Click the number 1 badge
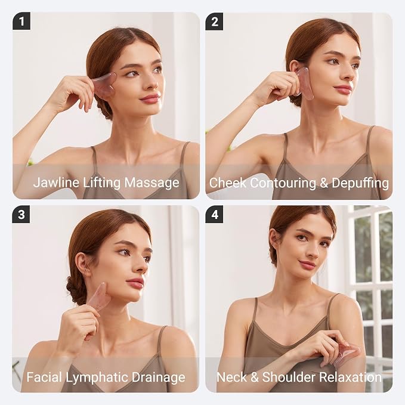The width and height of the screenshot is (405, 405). pos(21,21)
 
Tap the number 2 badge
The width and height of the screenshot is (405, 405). pos(214,21)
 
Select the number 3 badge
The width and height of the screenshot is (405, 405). pos(21,214)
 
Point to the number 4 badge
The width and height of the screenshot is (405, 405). pos(214,214)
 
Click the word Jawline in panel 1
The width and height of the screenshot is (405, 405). pos(56,183)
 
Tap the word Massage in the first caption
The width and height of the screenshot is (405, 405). pos(152,183)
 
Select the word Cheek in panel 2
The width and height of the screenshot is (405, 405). pos(228,183)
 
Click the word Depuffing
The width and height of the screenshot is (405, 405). pos(360,183)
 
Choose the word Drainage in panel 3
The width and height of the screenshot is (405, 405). pos(158,378)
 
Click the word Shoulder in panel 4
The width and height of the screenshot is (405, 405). pos(289,377)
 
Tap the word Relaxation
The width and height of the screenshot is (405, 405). pos(351,377)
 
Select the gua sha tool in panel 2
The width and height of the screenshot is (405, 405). pos(305,83)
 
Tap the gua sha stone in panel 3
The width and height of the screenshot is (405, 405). pos(98,298)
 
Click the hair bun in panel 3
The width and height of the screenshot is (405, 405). pos(73,290)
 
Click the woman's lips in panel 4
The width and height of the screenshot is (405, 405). pos(307,264)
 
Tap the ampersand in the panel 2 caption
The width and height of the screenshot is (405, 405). pos(324,183)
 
